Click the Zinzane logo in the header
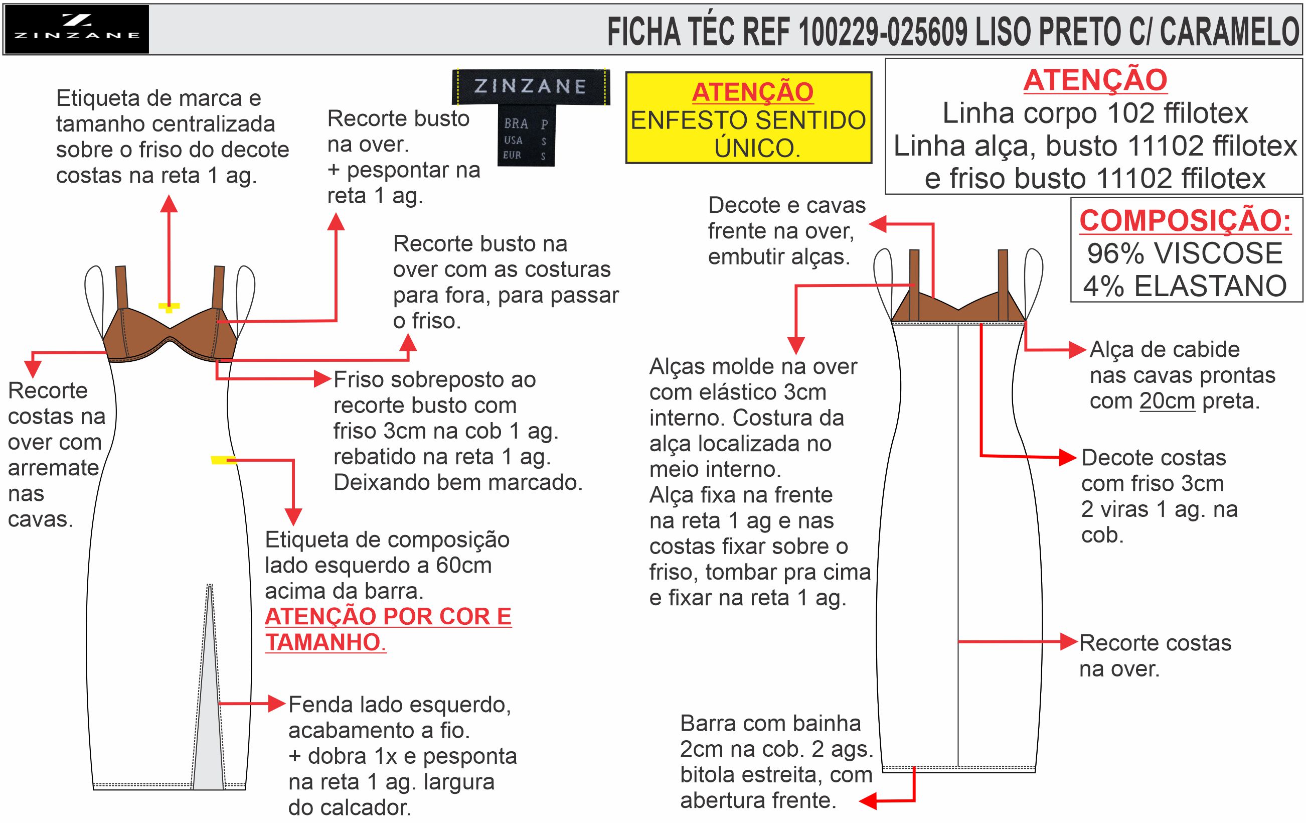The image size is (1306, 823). [x=76, y=29]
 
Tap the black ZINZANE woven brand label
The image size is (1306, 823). [x=531, y=86]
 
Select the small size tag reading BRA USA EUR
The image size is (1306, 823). [x=526, y=135]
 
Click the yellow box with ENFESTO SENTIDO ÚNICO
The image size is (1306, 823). [x=748, y=118]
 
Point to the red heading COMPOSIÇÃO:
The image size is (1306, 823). [x=1185, y=220]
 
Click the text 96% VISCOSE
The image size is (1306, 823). [x=1185, y=253]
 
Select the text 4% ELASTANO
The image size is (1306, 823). [x=1185, y=286]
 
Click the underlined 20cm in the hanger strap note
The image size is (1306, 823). [x=1167, y=401]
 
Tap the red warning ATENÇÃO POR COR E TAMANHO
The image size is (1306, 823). [x=388, y=629]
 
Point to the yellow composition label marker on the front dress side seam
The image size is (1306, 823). [x=223, y=461]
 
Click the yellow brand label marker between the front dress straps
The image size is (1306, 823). [x=169, y=308]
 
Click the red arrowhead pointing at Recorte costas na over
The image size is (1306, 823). [x=1069, y=642]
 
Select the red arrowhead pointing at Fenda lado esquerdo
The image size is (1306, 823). [x=277, y=704]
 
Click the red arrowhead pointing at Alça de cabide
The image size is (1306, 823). [x=1078, y=350]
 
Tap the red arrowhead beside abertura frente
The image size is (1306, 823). [x=868, y=801]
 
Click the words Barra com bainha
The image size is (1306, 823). [x=770, y=723]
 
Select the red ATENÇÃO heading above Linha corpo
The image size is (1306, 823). [x=1095, y=80]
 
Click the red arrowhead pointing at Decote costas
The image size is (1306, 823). [x=1068, y=457]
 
